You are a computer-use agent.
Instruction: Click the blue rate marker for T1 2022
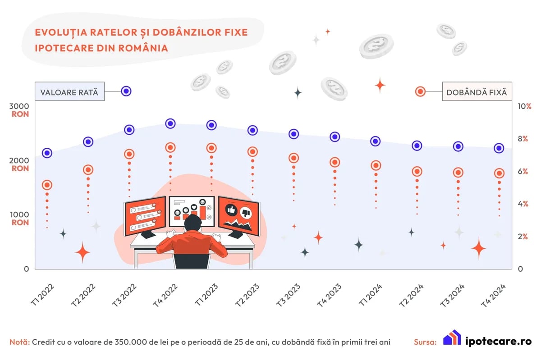(x=47, y=153)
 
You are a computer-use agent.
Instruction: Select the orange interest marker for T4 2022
(x=170, y=147)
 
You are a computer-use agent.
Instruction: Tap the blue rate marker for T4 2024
(x=499, y=148)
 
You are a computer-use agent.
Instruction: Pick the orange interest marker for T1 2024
(x=376, y=165)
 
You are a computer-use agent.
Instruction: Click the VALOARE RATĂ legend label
(x=69, y=92)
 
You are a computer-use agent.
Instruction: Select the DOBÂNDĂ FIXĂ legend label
(x=476, y=92)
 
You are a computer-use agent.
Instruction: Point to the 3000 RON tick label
(x=19, y=110)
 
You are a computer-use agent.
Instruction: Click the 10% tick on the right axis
(x=524, y=106)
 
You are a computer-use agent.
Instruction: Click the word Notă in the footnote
(x=19, y=342)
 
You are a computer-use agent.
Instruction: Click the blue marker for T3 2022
(x=129, y=130)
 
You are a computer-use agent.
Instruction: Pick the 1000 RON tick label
(x=19, y=219)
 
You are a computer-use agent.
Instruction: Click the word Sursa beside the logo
(x=425, y=342)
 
